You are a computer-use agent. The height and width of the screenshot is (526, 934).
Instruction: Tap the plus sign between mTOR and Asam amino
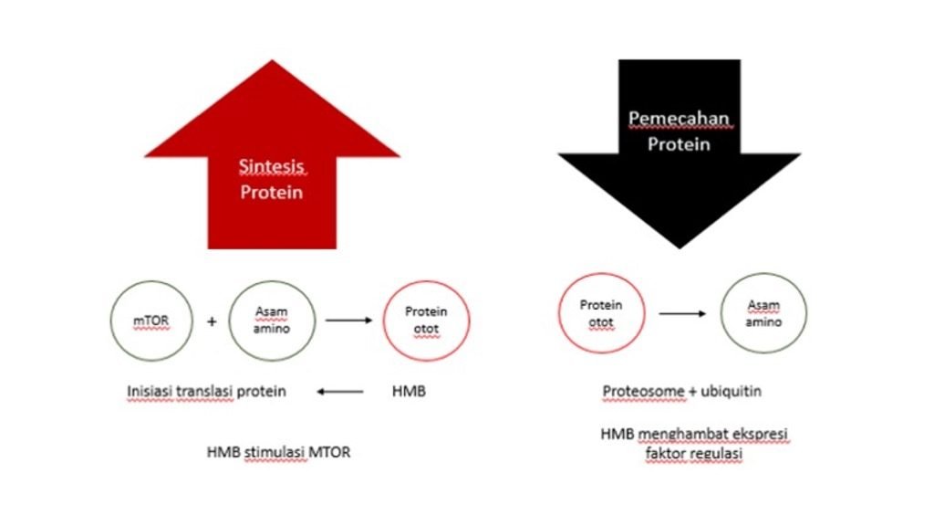coord(212,321)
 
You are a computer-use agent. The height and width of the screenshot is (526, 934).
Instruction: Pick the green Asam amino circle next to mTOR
coord(271,321)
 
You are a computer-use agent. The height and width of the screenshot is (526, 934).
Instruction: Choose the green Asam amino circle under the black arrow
coord(763,313)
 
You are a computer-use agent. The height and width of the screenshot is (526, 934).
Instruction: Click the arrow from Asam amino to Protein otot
coord(348,321)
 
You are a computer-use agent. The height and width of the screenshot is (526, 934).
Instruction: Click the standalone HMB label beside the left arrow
coord(409,392)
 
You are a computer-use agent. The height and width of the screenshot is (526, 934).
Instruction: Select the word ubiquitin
coord(730,392)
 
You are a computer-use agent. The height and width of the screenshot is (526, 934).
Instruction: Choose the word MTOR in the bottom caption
coord(333,450)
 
